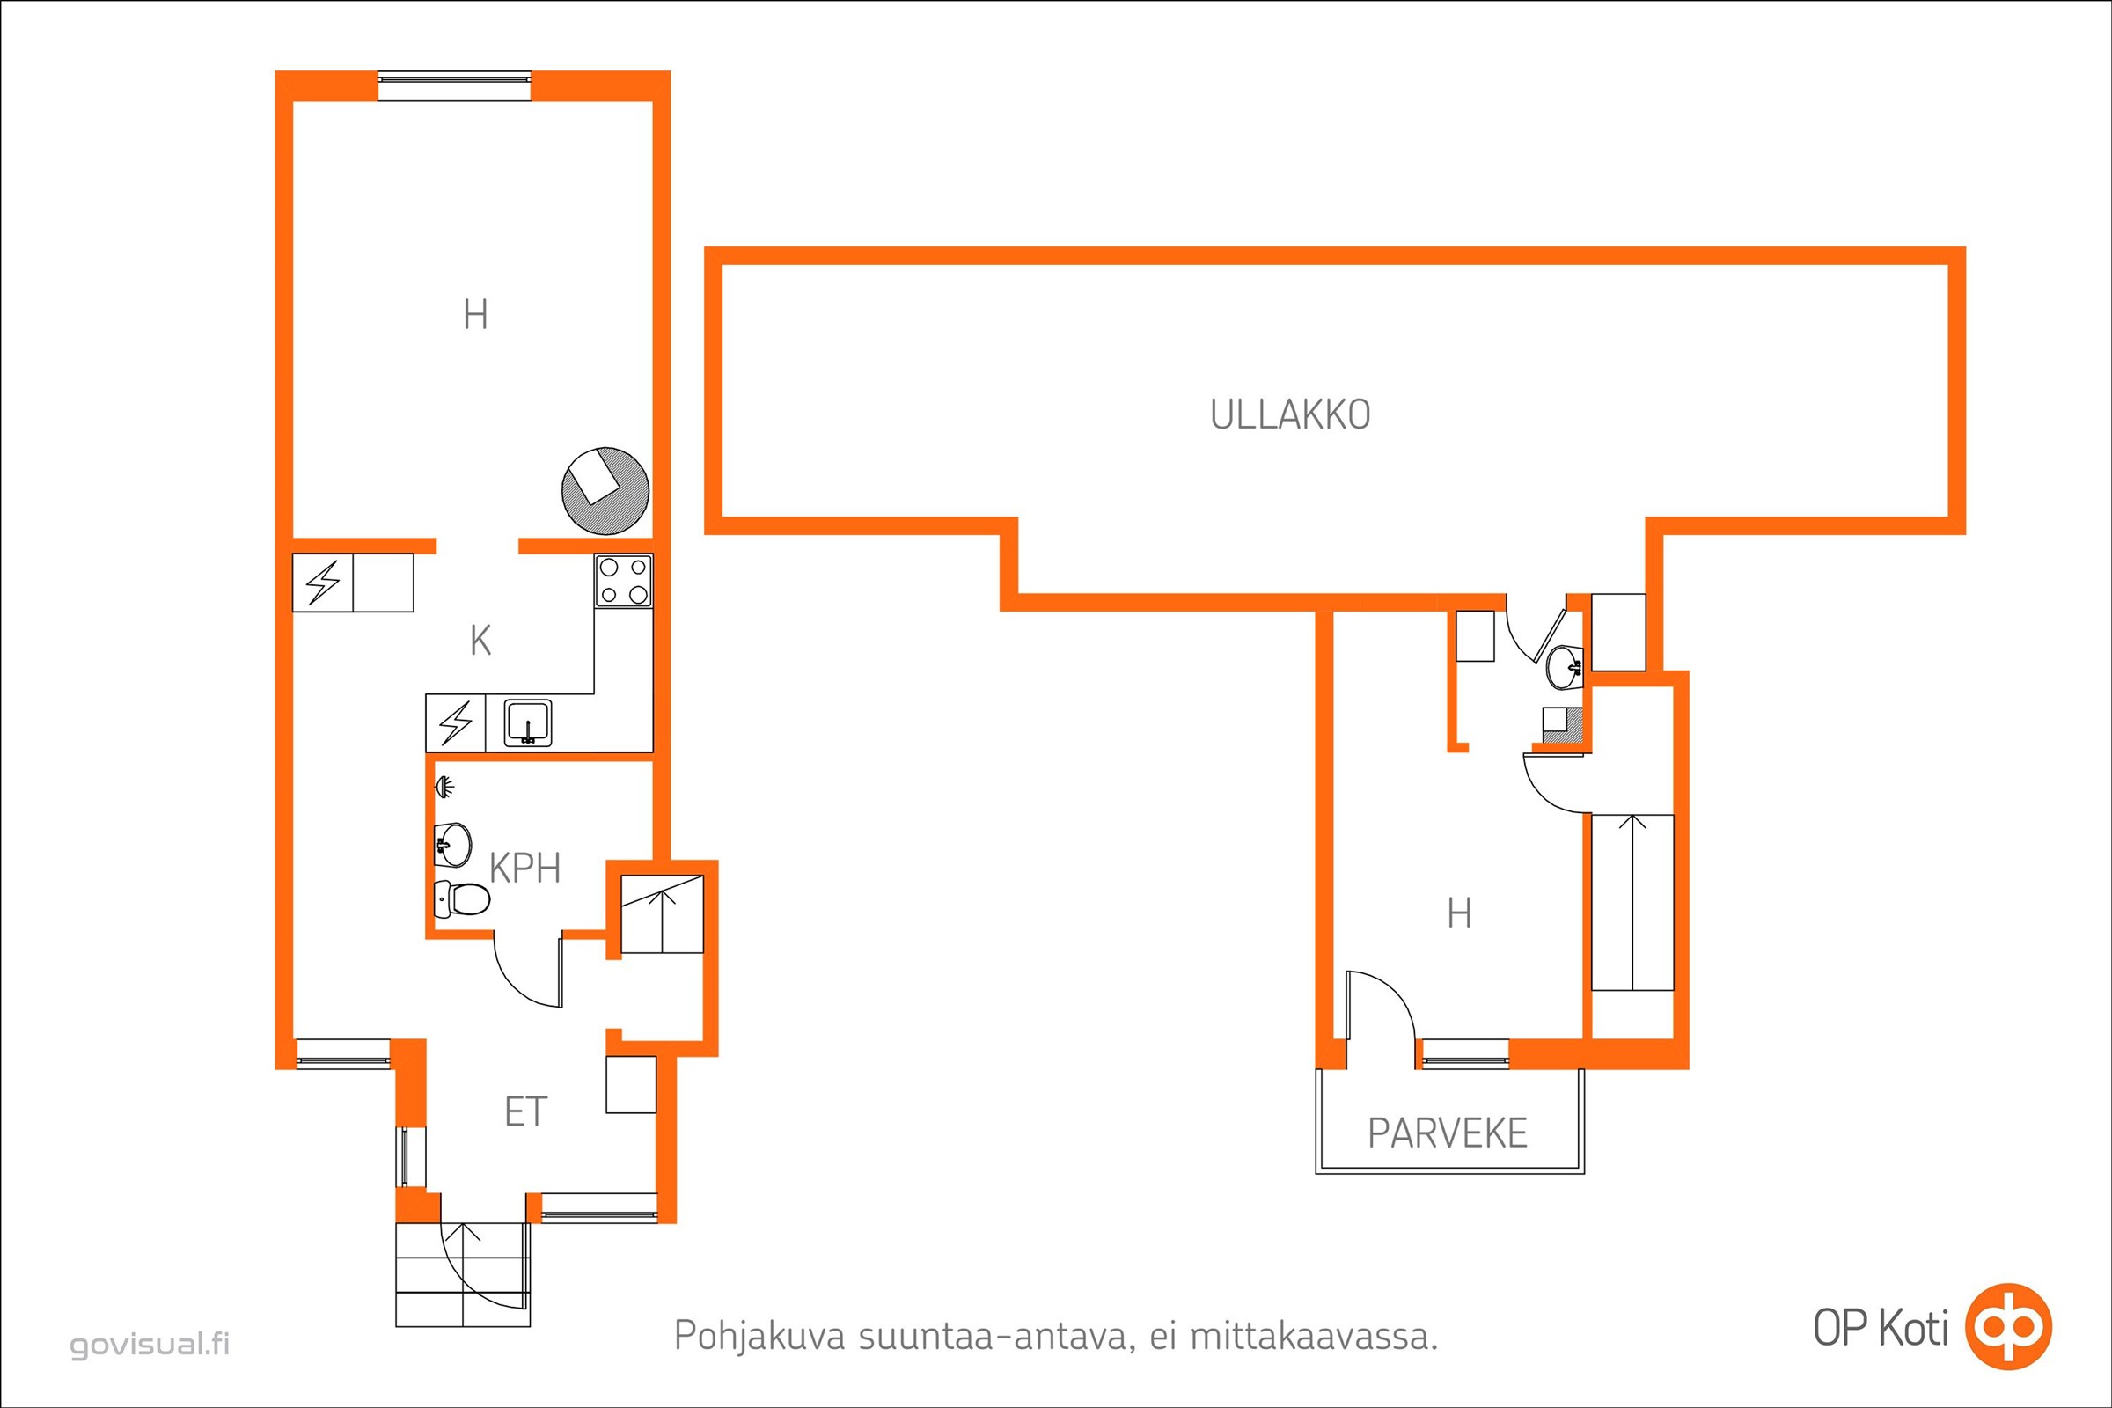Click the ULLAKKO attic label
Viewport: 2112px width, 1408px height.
point(1290,414)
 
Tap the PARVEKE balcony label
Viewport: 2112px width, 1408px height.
point(1448,1133)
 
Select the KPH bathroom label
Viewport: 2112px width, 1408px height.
point(525,869)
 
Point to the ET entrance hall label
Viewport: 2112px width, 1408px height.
point(525,1112)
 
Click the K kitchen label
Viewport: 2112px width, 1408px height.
point(480,642)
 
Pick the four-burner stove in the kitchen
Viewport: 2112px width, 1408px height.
point(623,580)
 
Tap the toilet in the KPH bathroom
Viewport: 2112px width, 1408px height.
point(461,897)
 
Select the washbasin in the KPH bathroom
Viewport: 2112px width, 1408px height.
point(453,844)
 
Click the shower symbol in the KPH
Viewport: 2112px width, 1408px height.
point(444,788)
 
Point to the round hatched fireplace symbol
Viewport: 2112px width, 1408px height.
point(605,490)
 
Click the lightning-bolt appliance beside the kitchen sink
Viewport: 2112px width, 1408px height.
point(455,722)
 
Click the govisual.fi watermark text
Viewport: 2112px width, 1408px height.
point(150,1345)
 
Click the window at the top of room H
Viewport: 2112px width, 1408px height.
point(454,85)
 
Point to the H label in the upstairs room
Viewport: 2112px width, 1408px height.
point(1459,913)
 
